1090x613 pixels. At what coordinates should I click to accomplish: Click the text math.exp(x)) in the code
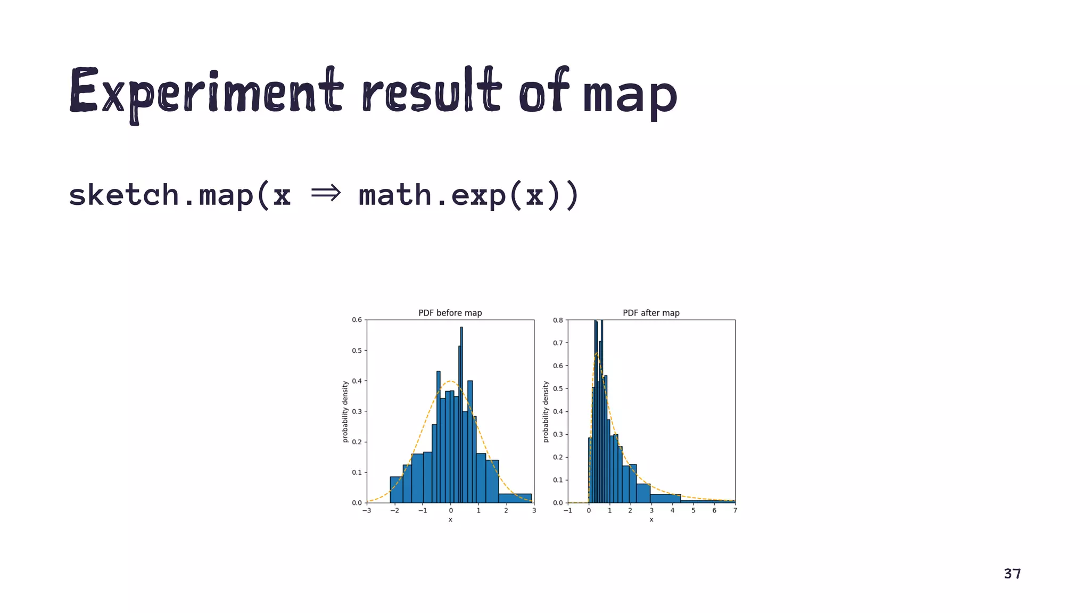(x=468, y=195)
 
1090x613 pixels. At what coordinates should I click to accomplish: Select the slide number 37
(x=1012, y=574)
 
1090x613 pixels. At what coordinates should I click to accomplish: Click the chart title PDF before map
(x=450, y=313)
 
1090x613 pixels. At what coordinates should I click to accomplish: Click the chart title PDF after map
(x=651, y=313)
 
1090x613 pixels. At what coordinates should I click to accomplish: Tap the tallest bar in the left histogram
(x=461, y=415)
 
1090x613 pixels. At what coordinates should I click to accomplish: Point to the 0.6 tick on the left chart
(x=357, y=320)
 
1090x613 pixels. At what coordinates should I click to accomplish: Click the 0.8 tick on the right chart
(x=557, y=320)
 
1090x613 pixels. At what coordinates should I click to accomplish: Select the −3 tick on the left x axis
(x=367, y=511)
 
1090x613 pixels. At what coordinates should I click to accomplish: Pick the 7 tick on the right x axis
(x=735, y=511)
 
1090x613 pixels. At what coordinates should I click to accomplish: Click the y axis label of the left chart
(x=345, y=411)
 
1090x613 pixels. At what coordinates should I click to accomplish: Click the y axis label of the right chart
(x=546, y=411)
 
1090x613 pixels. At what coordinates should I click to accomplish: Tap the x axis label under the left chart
(x=450, y=520)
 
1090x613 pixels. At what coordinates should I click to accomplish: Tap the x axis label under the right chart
(x=651, y=520)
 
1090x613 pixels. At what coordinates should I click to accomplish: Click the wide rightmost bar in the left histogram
(x=515, y=498)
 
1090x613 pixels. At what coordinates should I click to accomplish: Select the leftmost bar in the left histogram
(x=396, y=490)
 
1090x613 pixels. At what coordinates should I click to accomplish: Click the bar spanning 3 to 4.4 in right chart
(x=665, y=499)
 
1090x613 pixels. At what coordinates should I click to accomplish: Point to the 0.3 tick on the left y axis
(x=357, y=411)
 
